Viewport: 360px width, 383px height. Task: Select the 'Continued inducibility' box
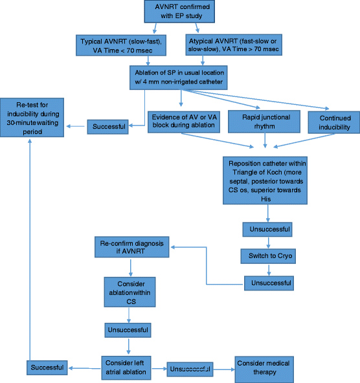point(330,123)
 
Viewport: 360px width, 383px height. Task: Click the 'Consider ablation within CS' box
point(131,292)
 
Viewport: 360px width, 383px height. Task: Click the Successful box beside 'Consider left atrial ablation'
point(46,367)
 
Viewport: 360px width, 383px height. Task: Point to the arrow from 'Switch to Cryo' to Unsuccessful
point(267,269)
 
